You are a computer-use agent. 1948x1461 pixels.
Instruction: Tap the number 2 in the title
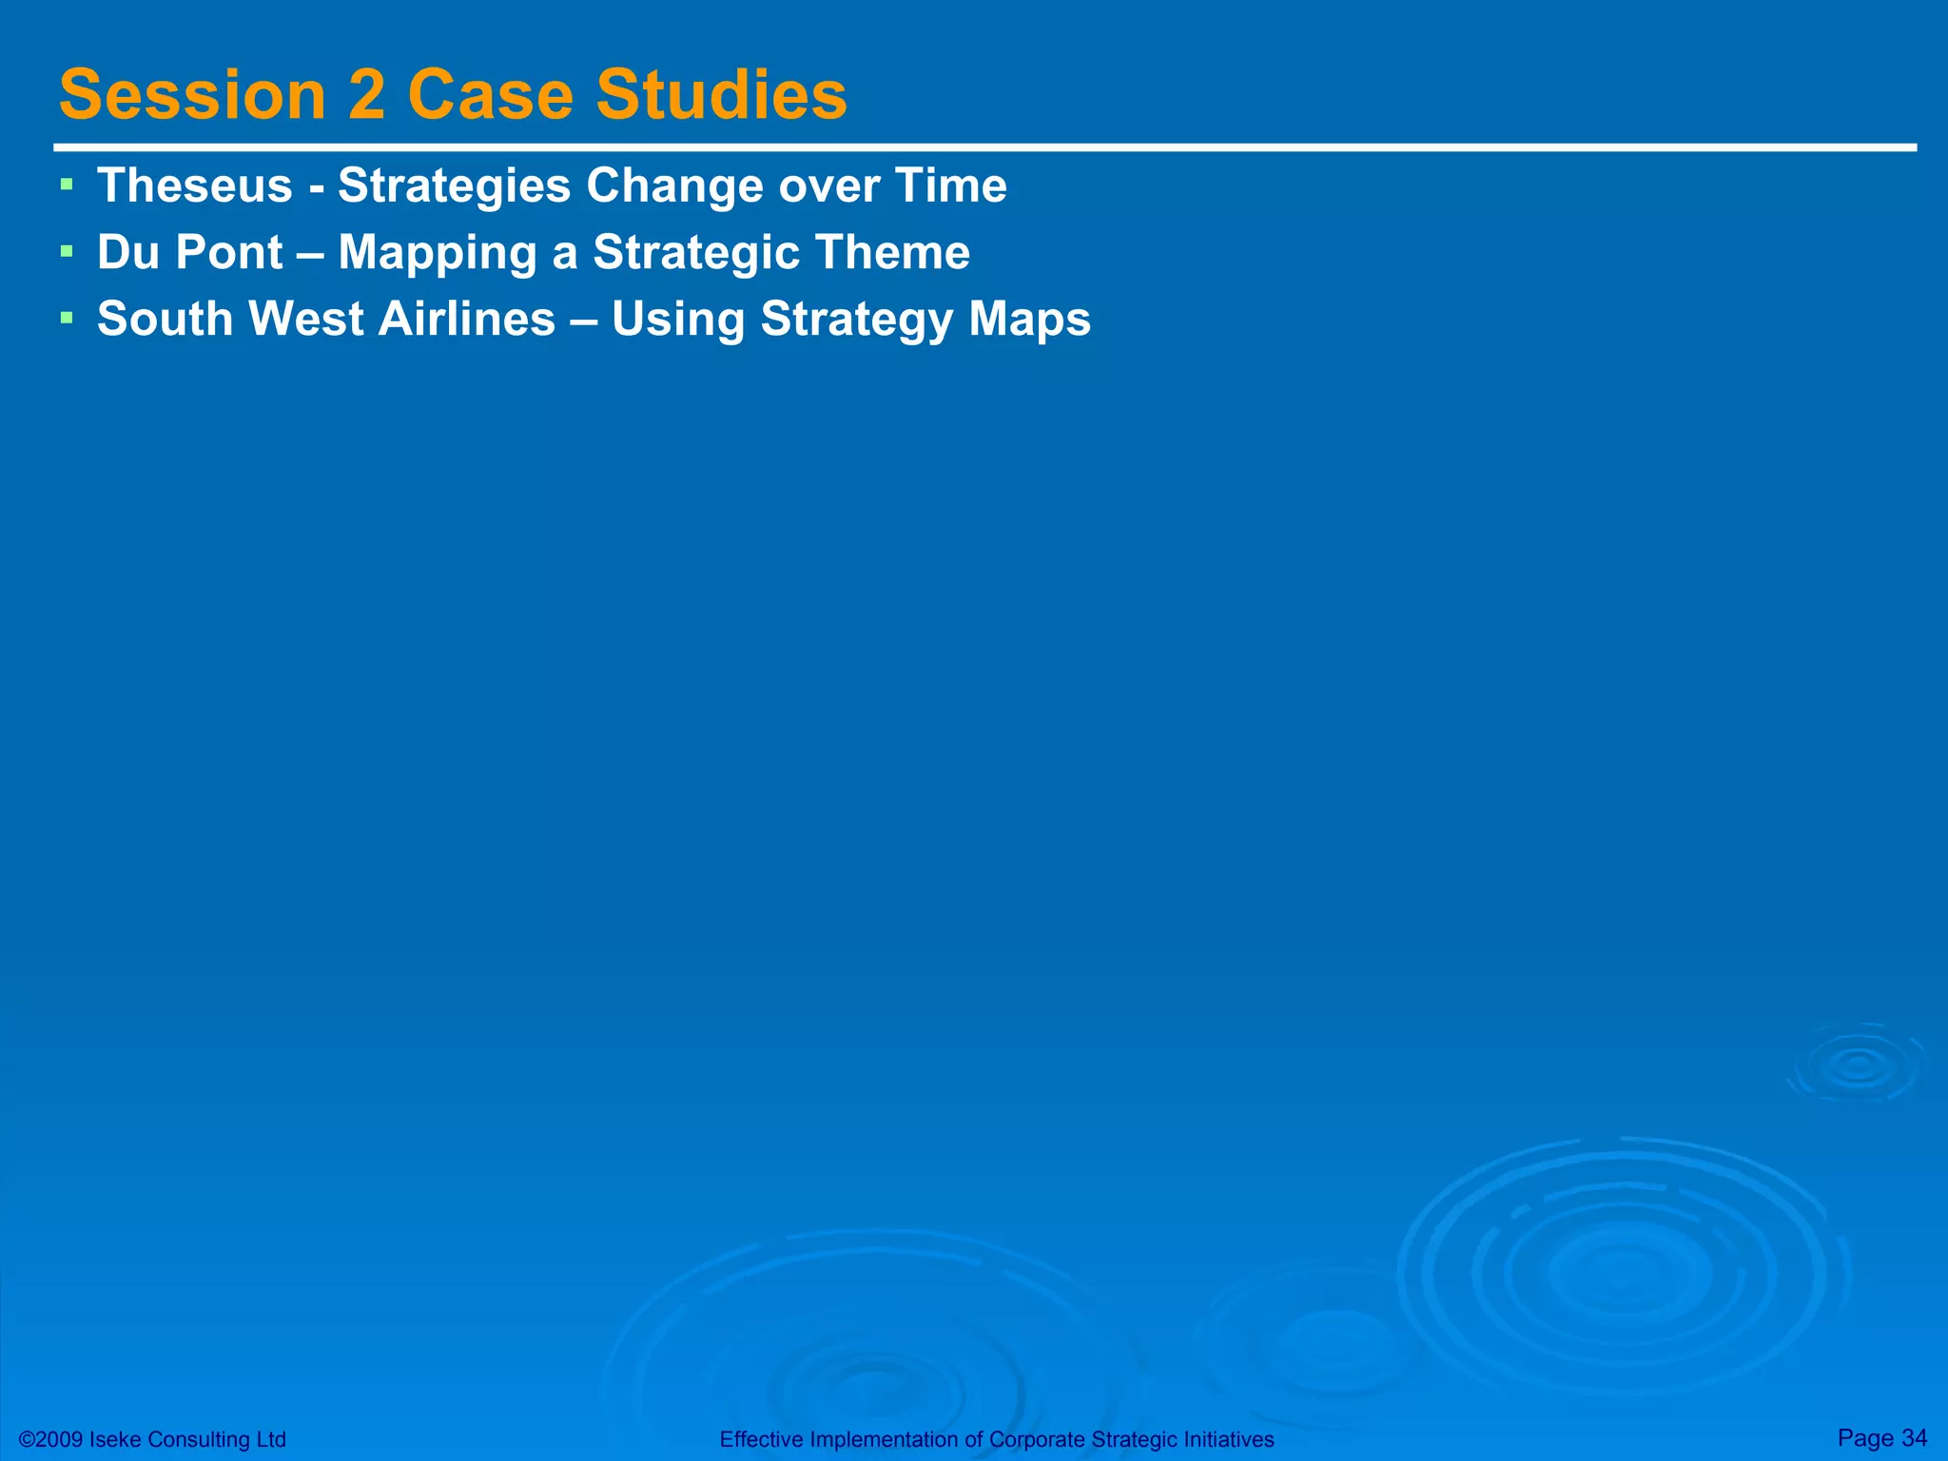(367, 95)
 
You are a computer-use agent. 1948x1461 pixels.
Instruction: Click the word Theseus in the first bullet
(195, 185)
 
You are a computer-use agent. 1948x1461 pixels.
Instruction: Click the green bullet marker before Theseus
(66, 183)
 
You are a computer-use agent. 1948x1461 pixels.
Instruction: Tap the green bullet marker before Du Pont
(66, 250)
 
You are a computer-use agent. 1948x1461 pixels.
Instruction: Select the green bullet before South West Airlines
(66, 317)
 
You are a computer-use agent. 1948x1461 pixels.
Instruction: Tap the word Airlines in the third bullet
(467, 320)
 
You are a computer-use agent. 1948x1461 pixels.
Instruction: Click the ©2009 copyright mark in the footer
(51, 1440)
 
